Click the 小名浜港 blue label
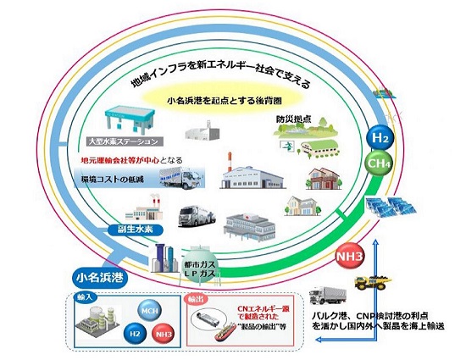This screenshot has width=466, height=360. point(98,276)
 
